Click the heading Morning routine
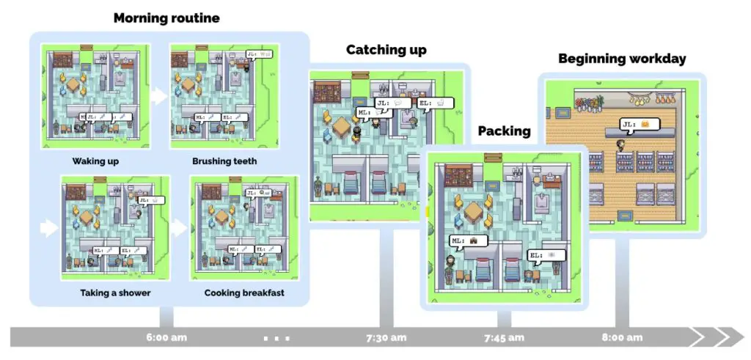click(166, 18)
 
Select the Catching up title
click(386, 50)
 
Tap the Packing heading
click(504, 131)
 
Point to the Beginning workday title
click(622, 59)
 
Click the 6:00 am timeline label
click(166, 338)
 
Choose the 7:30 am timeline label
click(386, 338)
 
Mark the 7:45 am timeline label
click(504, 338)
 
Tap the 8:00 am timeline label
click(622, 338)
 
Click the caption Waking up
click(95, 161)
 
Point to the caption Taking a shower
click(115, 293)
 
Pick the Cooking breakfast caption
click(245, 293)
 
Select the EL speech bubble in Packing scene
click(546, 254)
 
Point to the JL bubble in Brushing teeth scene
click(260, 54)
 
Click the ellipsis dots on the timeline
click(276, 338)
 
